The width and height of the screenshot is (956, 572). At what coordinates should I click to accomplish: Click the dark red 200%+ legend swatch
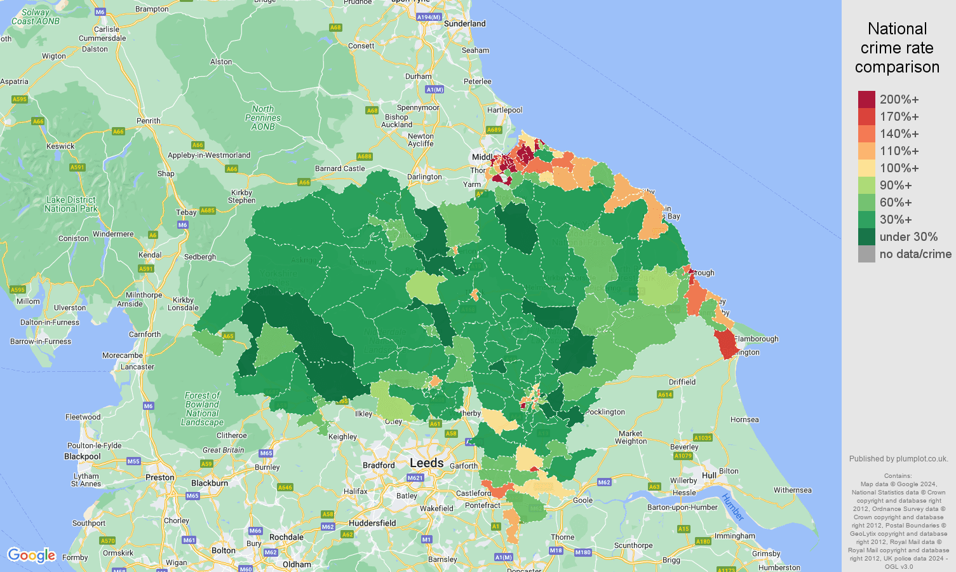[x=866, y=99]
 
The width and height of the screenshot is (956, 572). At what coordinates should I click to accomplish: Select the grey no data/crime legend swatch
[x=866, y=254]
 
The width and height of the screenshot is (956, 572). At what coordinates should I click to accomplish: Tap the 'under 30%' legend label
[x=908, y=237]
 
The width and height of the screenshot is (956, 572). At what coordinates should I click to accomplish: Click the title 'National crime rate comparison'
[x=897, y=48]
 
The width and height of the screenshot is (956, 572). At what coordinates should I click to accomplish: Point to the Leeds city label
[x=426, y=463]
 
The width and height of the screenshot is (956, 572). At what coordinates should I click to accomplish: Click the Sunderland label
[x=464, y=24]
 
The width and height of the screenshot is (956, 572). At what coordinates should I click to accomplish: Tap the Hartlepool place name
[x=504, y=110]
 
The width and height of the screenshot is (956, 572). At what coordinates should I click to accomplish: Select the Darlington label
[x=424, y=177]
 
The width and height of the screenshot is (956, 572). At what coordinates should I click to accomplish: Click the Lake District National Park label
[x=71, y=204]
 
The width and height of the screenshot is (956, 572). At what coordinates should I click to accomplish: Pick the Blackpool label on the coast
[x=82, y=456]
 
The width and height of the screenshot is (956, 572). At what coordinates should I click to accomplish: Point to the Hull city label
[x=709, y=475]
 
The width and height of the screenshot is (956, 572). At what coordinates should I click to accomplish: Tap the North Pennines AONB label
[x=262, y=118]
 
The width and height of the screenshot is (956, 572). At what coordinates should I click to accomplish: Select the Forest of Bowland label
[x=202, y=409]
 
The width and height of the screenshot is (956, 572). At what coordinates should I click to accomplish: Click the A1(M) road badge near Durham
[x=434, y=90]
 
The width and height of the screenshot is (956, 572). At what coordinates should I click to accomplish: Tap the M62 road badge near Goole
[x=603, y=482]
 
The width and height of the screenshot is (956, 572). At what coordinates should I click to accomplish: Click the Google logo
[x=31, y=555]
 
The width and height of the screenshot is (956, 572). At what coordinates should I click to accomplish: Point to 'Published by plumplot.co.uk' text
[x=898, y=459]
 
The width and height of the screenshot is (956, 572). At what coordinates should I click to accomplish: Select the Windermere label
[x=113, y=234]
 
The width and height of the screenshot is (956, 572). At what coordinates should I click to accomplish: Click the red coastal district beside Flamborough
[x=725, y=344]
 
